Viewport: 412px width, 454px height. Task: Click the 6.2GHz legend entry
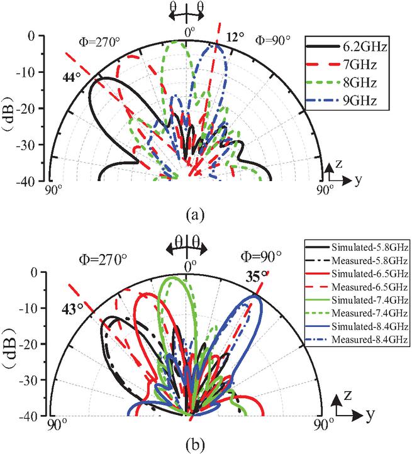(347, 47)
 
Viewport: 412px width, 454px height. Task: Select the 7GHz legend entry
(342, 65)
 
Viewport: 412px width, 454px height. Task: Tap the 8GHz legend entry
(342, 83)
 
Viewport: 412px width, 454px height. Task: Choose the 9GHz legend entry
(342, 101)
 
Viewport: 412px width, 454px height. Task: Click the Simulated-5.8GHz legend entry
(357, 248)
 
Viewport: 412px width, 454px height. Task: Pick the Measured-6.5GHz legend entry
(357, 287)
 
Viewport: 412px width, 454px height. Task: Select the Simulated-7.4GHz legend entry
(357, 300)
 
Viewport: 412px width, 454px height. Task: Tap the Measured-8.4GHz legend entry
(357, 340)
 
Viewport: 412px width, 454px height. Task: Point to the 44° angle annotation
(72, 77)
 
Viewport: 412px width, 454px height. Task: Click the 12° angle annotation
(235, 37)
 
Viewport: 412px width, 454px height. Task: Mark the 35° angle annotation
(256, 277)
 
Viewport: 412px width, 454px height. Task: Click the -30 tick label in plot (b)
(28, 380)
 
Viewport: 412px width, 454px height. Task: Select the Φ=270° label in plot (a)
(99, 42)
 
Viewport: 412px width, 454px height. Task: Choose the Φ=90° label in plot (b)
(261, 257)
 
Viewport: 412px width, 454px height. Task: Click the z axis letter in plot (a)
(338, 164)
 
